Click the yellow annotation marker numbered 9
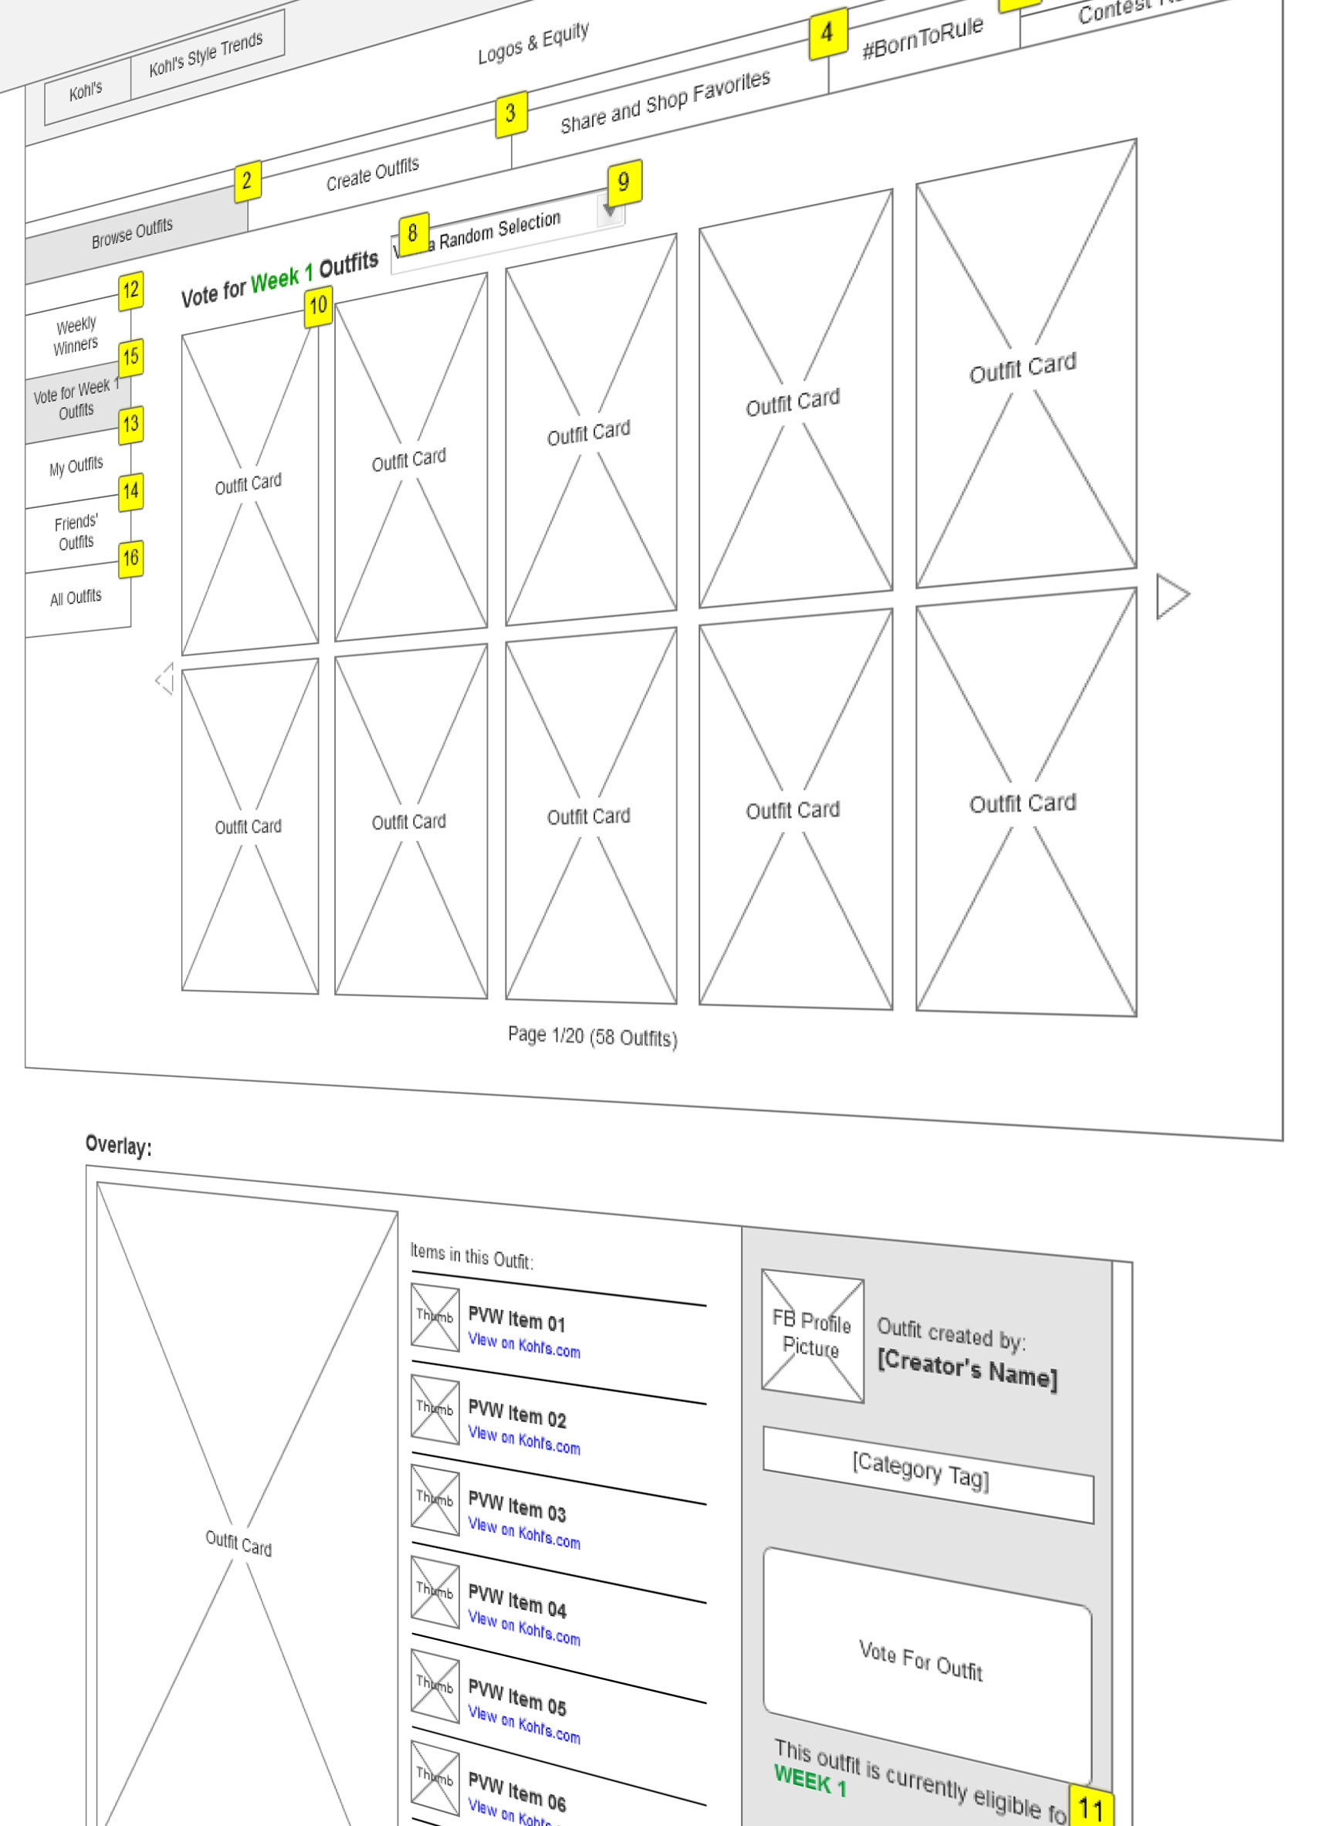coord(624,182)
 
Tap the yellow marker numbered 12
coord(130,290)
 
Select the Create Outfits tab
coord(372,174)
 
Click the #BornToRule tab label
coord(922,38)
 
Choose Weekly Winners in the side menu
coord(76,336)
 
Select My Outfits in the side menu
coord(76,466)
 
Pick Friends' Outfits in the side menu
coord(76,532)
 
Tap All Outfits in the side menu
coord(76,598)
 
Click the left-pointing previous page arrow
coord(165,679)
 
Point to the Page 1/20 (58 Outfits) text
coord(592,1036)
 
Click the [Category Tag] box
coord(928,1475)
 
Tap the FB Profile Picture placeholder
coord(811,1336)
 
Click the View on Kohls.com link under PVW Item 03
coord(523,1533)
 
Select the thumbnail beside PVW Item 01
coord(435,1316)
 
